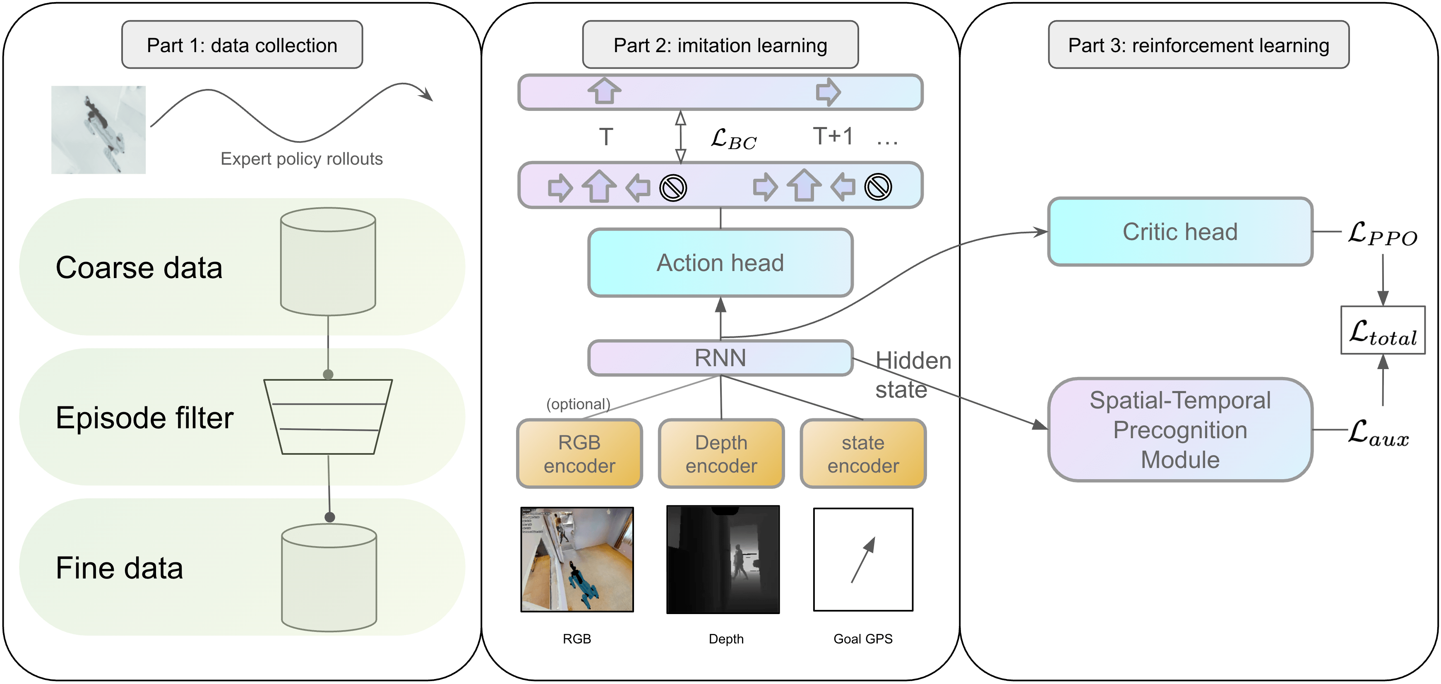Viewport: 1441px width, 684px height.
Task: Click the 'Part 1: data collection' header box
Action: (x=242, y=45)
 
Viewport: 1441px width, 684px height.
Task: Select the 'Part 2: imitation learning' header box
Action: (x=720, y=45)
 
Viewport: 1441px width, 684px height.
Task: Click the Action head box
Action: (x=720, y=262)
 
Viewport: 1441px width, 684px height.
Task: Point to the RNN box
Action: (x=720, y=358)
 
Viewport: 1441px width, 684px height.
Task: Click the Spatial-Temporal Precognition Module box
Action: (x=1180, y=430)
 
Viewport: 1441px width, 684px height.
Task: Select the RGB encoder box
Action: (x=579, y=454)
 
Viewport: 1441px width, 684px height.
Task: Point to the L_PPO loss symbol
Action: (x=1382, y=234)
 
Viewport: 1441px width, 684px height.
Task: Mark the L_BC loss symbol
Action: (x=733, y=139)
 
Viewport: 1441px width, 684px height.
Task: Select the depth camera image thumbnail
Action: (x=723, y=559)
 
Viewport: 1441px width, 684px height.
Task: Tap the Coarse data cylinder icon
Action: (x=328, y=261)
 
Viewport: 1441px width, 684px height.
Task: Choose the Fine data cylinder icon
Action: (x=329, y=577)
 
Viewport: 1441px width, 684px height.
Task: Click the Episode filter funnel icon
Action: (x=328, y=417)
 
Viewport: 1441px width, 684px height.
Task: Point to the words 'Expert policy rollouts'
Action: (x=302, y=159)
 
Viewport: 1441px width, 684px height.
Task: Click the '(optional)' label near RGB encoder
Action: (x=578, y=404)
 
